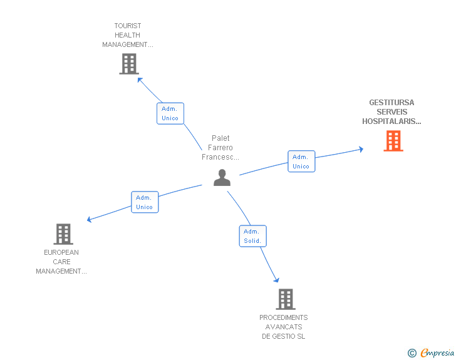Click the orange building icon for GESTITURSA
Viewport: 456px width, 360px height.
click(393, 141)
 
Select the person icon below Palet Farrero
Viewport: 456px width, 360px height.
click(222, 177)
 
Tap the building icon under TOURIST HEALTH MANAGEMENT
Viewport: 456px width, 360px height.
click(129, 64)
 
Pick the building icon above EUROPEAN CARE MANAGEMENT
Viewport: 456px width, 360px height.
click(63, 234)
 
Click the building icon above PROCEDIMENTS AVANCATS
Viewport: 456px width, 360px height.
click(286, 299)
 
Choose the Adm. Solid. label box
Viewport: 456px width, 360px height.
click(252, 236)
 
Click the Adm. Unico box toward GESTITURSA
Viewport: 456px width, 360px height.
click(301, 162)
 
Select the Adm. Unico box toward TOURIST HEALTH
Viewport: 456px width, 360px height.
click(170, 113)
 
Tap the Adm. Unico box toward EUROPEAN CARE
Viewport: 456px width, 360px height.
click(145, 202)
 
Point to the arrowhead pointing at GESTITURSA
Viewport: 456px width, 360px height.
click(361, 149)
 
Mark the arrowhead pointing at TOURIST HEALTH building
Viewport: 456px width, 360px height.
click(140, 80)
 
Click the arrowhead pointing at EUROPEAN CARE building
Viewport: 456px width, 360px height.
click(90, 219)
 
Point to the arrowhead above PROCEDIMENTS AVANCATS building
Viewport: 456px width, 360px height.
click(277, 280)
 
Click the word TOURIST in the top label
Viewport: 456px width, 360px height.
click(128, 26)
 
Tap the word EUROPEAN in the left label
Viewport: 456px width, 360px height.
click(61, 252)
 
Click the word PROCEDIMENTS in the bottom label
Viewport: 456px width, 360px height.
click(284, 317)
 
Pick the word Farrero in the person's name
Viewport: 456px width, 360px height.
click(220, 148)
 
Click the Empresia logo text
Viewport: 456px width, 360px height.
click(437, 353)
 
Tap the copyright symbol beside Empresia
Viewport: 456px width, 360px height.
click(412, 353)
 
